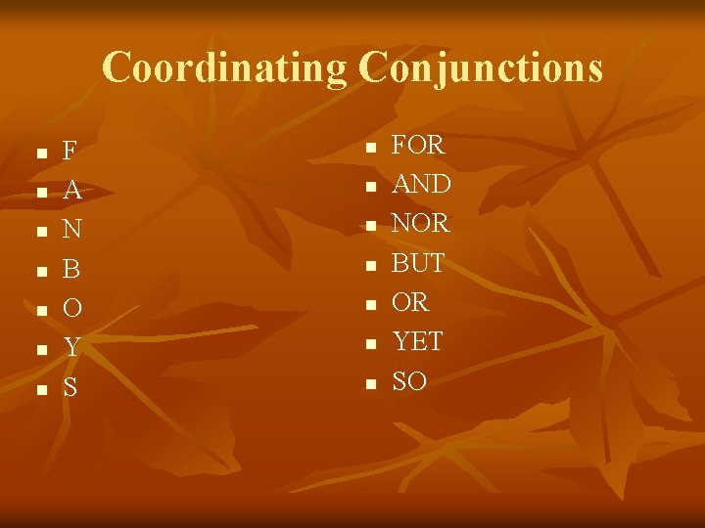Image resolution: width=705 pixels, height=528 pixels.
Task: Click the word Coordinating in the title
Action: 224,68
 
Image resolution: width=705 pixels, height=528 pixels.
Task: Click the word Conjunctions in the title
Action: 481,68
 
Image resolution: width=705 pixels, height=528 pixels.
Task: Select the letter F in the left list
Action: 70,153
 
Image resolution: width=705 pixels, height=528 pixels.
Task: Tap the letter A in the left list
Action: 71,192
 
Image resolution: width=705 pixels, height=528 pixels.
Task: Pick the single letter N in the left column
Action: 71,231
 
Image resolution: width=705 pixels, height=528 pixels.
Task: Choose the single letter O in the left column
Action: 71,309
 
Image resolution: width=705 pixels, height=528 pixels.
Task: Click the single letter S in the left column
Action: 70,387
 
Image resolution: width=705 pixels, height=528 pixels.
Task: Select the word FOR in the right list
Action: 418,146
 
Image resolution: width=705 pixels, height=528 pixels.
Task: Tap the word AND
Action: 421,185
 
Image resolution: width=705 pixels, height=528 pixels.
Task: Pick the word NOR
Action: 420,224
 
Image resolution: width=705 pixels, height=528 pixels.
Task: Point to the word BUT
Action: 418,263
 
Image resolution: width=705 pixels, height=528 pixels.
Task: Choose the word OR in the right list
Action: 410,302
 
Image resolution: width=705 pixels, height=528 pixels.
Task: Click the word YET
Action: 417,341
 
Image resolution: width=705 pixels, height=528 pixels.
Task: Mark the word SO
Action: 409,380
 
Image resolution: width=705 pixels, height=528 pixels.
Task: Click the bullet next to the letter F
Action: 40,154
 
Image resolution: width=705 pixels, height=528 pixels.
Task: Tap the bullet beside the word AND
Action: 370,187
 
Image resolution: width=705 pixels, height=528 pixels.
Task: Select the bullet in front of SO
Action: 370,383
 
